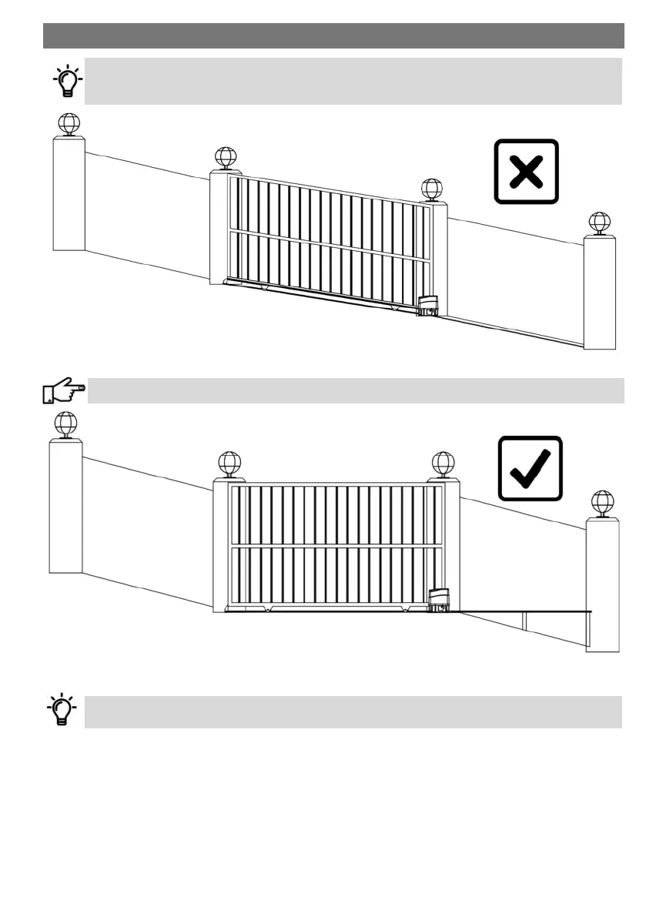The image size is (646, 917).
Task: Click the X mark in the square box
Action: [526, 171]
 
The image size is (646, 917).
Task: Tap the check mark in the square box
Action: [530, 468]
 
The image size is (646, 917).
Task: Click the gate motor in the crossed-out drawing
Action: [427, 306]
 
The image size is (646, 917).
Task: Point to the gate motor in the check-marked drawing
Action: [439, 601]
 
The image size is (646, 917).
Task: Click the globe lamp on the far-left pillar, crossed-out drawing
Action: [69, 124]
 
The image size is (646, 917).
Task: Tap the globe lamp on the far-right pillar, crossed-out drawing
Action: [599, 223]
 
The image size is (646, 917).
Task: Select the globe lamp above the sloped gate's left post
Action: [226, 157]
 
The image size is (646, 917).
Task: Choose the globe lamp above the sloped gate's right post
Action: [432, 189]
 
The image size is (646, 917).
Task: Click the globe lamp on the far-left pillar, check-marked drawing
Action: [66, 423]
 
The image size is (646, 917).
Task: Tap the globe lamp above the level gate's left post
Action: [229, 463]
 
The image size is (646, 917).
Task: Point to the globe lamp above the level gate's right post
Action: [443, 463]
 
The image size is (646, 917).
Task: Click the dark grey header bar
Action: [333, 35]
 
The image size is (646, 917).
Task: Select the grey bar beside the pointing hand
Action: [354, 390]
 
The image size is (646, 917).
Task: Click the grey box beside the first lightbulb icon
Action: [353, 80]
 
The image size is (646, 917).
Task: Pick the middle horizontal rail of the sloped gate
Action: [331, 246]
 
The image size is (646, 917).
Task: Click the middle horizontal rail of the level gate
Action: [336, 547]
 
